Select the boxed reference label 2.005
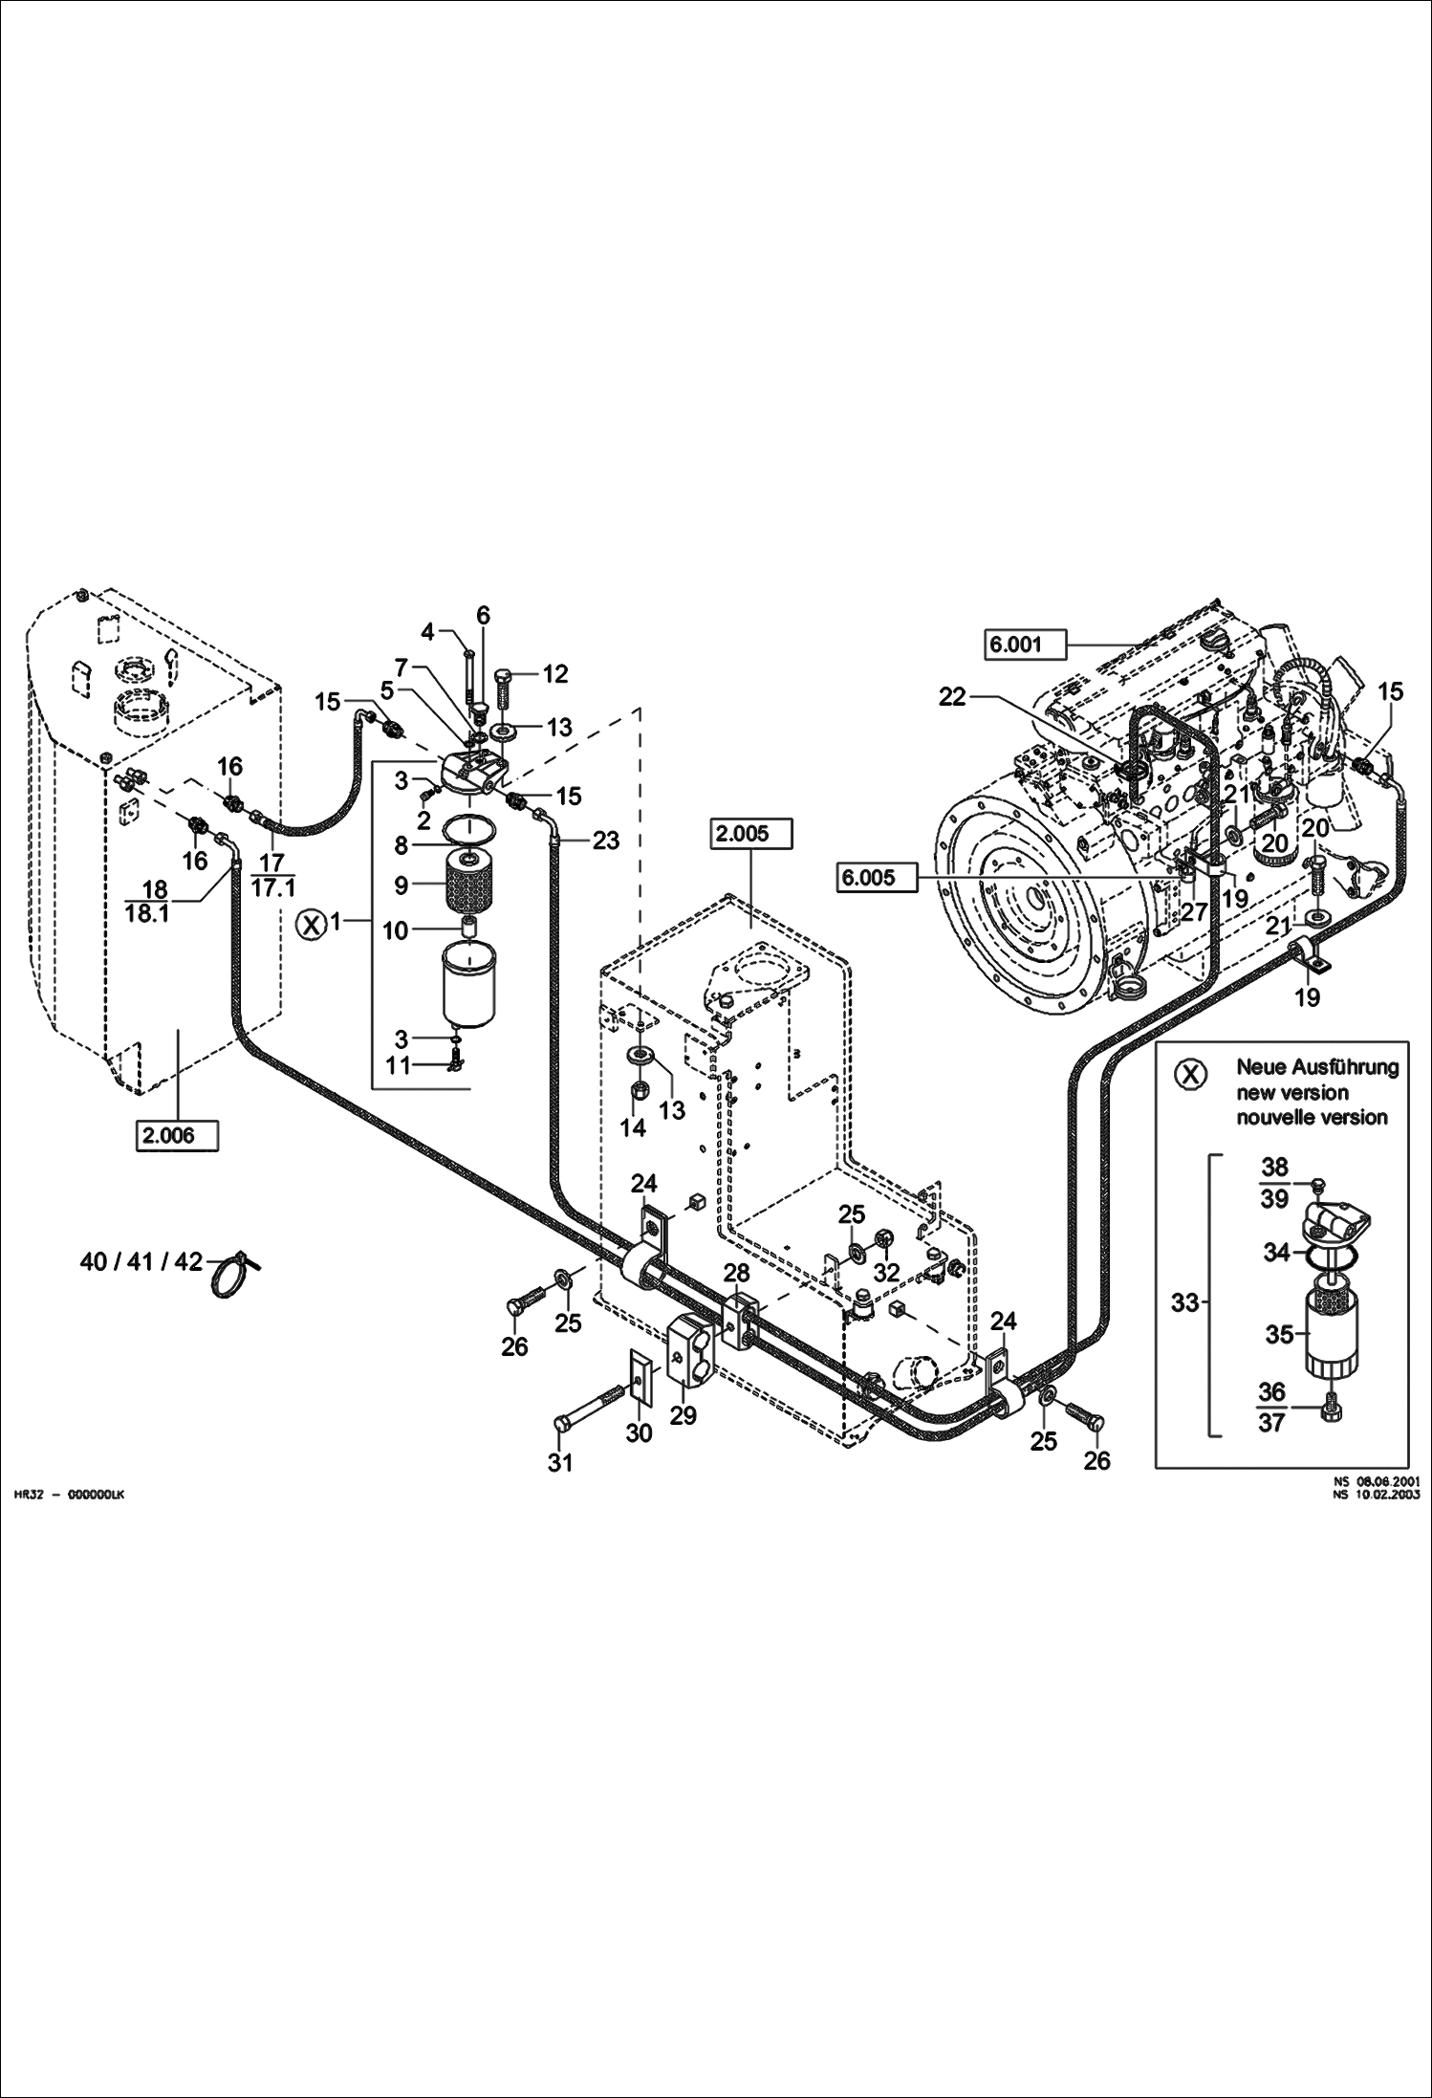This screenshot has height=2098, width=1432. point(753,834)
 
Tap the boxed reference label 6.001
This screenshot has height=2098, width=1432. point(1026,645)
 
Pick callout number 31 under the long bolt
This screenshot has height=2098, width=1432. point(560,1462)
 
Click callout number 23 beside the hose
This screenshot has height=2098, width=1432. point(606,841)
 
